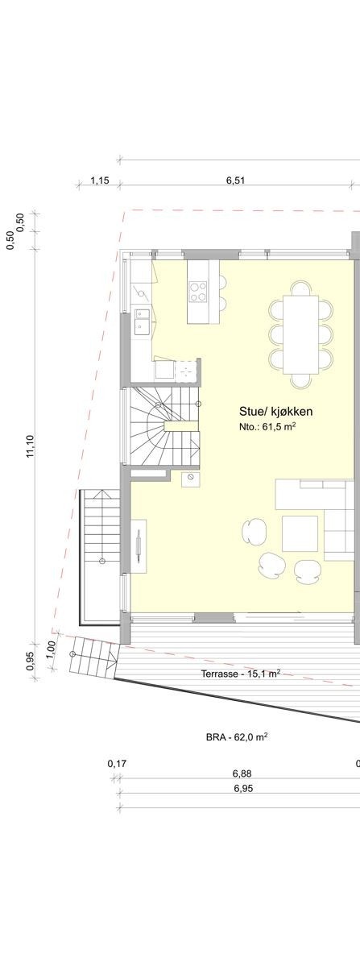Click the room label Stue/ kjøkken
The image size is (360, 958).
coord(275,412)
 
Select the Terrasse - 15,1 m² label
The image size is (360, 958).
coord(240,673)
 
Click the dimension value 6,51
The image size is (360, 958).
coord(235,181)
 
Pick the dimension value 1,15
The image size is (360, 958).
coord(99,181)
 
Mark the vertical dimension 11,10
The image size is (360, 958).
coord(30,446)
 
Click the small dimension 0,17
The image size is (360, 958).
coord(117,763)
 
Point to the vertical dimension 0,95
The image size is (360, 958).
coord(31,660)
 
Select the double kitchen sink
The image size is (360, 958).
coord(142,321)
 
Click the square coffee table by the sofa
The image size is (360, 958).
coord(300,533)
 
